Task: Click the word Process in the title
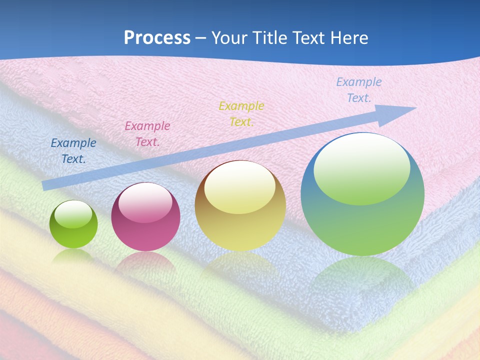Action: pyautogui.click(x=157, y=37)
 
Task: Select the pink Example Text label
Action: pyautogui.click(x=147, y=134)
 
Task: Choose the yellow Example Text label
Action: pyautogui.click(x=241, y=114)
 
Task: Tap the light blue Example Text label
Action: pyautogui.click(x=359, y=90)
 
